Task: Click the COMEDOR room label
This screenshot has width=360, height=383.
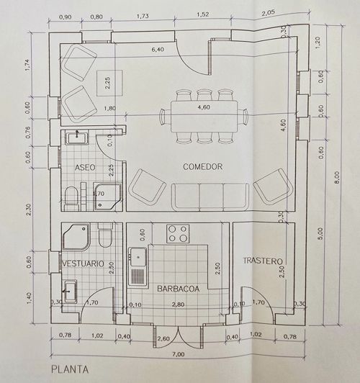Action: [203, 166]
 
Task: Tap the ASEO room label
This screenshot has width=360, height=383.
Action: [85, 168]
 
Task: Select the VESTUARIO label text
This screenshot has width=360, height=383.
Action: [84, 263]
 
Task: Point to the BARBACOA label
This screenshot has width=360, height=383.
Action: [179, 289]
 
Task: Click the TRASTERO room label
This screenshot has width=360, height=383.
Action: [263, 261]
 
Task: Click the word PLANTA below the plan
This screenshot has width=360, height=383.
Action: [70, 369]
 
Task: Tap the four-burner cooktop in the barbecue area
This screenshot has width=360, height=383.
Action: [178, 234]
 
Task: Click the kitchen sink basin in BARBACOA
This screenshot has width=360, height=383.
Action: [138, 257]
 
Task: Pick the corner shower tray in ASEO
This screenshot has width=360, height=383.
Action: [108, 197]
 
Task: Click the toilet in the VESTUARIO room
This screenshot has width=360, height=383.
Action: [105, 235]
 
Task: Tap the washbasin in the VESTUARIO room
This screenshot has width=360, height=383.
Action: [71, 290]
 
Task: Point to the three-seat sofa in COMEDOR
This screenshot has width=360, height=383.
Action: [210, 197]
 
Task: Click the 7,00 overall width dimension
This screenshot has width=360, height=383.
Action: [179, 354]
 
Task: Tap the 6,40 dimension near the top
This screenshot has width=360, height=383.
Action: [158, 50]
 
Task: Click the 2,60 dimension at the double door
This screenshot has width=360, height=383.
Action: [163, 338]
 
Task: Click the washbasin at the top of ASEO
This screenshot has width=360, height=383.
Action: [77, 138]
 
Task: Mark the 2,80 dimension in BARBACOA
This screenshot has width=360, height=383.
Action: [178, 305]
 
